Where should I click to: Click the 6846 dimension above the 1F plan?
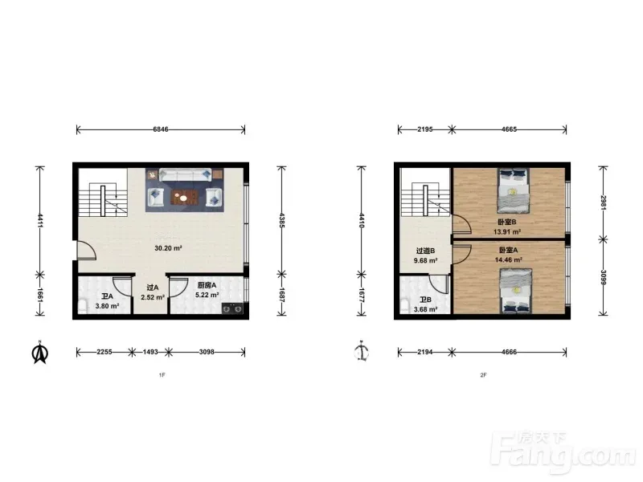[x=160, y=129]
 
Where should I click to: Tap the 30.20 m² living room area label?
[x=168, y=248]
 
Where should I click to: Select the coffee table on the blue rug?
[x=184, y=198]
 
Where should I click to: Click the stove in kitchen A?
[x=232, y=308]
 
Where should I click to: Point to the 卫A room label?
[x=107, y=296]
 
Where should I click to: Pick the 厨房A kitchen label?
[x=207, y=285]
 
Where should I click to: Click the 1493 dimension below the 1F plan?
[x=150, y=352]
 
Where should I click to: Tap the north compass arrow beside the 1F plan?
[x=39, y=353]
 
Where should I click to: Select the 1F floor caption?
[x=162, y=375]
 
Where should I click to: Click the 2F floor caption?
[x=484, y=375]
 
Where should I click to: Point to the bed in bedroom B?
[x=513, y=190]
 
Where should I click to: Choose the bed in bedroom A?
[x=515, y=291]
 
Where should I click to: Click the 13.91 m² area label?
[x=507, y=231]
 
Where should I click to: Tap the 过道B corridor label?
[x=425, y=251]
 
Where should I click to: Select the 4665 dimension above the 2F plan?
[x=509, y=129]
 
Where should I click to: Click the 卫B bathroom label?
[x=425, y=300]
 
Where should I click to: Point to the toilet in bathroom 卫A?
[x=83, y=306]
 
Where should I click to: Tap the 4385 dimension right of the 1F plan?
[x=281, y=220]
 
